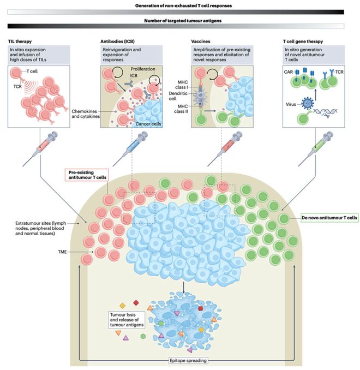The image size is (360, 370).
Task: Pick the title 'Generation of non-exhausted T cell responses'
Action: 179,4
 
